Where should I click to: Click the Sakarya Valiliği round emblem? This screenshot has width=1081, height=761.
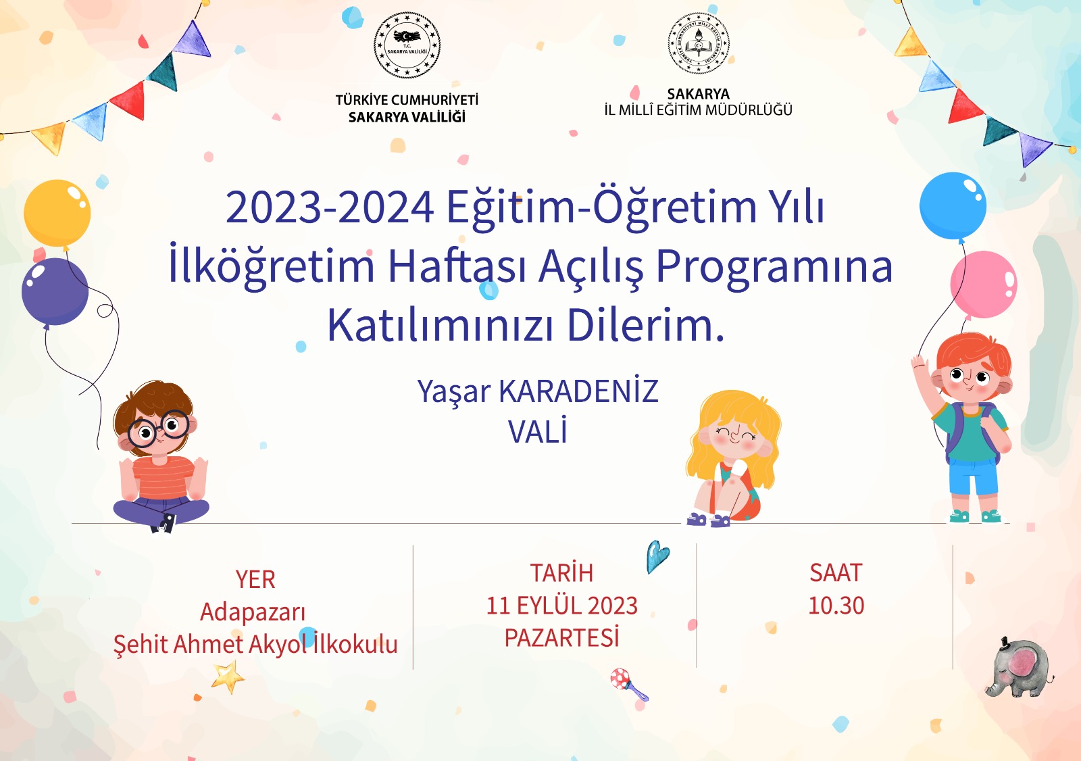coord(407,45)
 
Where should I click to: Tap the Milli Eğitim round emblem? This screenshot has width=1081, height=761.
coord(699,43)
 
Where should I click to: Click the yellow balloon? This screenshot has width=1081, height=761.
coord(57,214)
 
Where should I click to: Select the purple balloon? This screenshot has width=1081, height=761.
coord(55,291)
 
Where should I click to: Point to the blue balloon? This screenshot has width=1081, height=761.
coord(953,205)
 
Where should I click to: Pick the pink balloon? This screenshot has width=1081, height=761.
coord(984,285)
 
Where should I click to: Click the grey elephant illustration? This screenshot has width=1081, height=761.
coord(1018,668)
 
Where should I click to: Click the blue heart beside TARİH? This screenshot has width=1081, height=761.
coord(657,556)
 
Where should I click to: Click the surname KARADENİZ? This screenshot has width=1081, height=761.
coord(578,391)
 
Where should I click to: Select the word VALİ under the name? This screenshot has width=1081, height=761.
coord(538,431)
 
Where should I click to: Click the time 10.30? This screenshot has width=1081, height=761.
coord(836,606)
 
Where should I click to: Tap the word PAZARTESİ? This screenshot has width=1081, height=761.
coord(561,637)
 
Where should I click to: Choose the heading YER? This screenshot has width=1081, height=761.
coord(255,579)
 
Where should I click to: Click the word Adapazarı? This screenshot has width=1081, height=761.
coord(253,612)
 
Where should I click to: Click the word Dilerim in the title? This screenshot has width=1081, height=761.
coord(646,325)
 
